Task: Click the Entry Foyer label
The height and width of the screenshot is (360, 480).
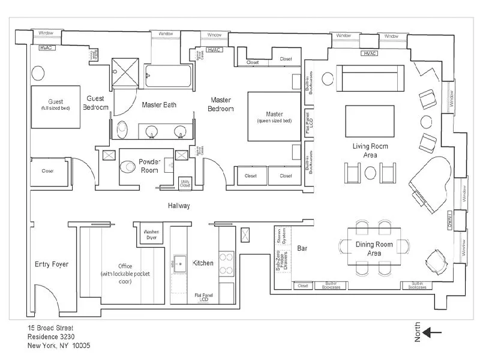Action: pyautogui.click(x=51, y=264)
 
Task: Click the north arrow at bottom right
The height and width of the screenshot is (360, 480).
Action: pyautogui.click(x=432, y=332)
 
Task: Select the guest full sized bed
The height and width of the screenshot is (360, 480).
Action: pyautogui.click(x=55, y=106)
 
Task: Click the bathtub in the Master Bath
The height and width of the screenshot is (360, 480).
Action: pyautogui.click(x=169, y=76)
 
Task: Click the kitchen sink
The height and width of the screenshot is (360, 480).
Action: pyautogui.click(x=179, y=263)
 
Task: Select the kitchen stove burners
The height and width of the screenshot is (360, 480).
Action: pyautogui.click(x=226, y=262)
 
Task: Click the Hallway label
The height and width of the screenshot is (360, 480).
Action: pyautogui.click(x=179, y=206)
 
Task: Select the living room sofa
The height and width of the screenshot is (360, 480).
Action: pyautogui.click(x=368, y=77)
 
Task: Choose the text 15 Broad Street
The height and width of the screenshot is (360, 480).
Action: pyautogui.click(x=50, y=328)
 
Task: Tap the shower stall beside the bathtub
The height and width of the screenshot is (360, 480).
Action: pyautogui.click(x=125, y=73)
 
